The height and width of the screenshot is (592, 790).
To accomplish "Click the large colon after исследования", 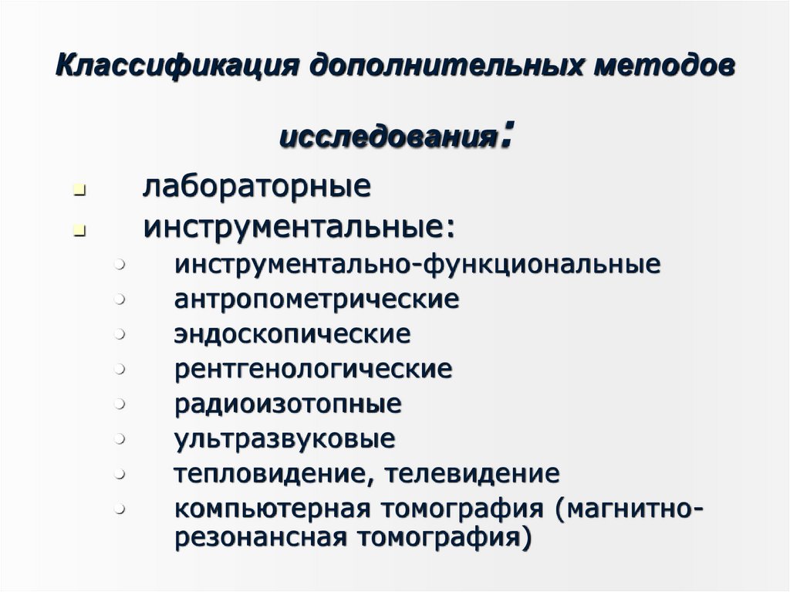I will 505,136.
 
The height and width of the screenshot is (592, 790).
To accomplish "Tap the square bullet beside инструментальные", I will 79,230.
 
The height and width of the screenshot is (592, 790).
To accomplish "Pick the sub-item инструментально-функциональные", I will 417,264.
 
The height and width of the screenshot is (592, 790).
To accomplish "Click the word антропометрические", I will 316,299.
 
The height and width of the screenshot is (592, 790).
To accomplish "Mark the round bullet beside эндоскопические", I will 120,334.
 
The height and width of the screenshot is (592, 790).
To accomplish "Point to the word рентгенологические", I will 313,369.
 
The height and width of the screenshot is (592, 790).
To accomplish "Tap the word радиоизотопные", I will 288,404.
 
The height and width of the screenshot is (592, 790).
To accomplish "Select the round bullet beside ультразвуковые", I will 120,438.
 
